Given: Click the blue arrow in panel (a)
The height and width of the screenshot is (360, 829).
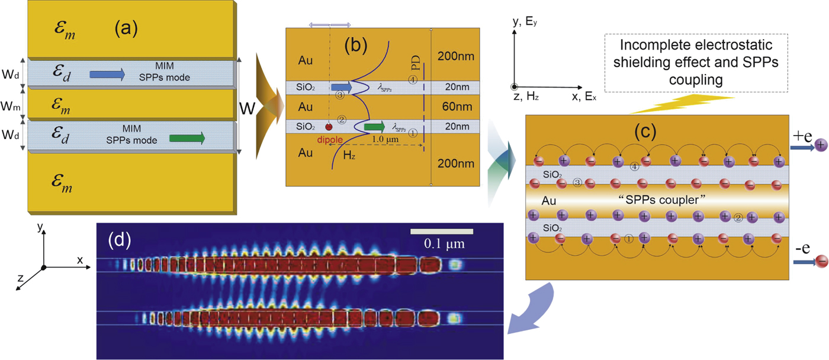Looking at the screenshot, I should [107, 74].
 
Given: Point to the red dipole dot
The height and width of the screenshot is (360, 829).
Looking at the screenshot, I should [329, 127].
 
